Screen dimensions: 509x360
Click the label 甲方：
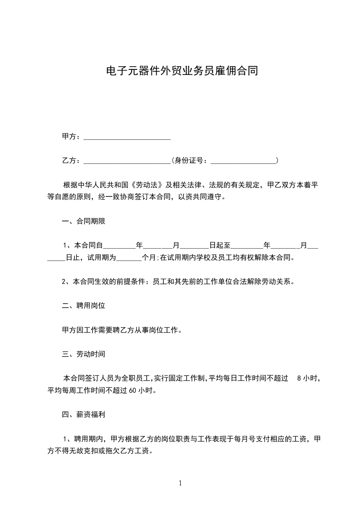click(71, 137)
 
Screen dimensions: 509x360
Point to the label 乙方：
click(71, 160)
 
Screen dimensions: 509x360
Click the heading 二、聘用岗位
click(84, 306)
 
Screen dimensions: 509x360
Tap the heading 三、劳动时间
click(84, 354)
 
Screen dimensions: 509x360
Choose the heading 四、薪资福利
click(84, 414)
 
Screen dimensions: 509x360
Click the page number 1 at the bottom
click(180, 483)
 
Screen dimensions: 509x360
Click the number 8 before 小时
click(298, 378)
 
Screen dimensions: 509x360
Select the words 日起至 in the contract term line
click(220, 245)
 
